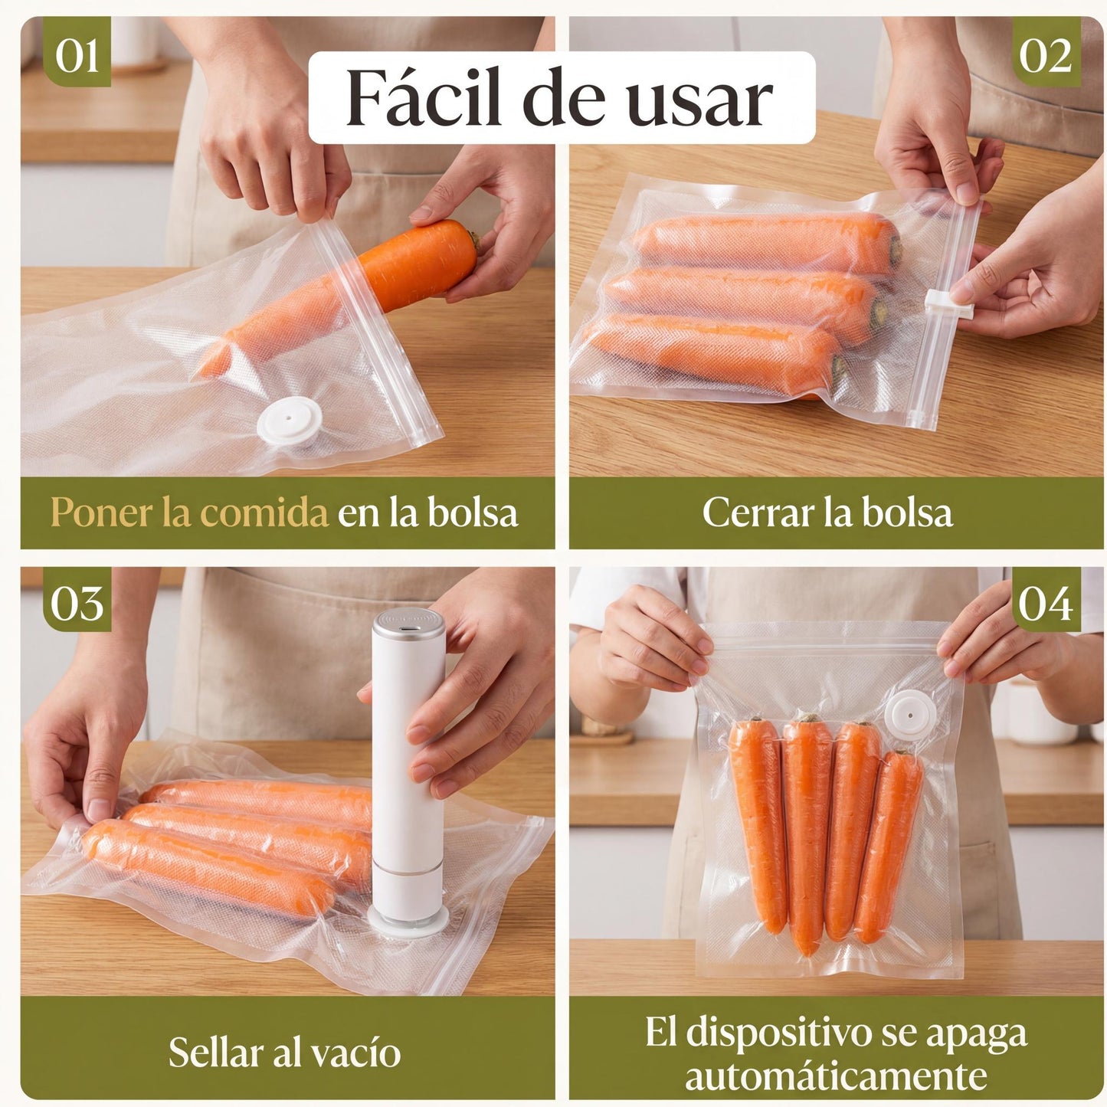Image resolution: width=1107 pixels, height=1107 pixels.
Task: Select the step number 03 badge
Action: point(77,603)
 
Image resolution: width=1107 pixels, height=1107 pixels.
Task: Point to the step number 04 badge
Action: point(1045,603)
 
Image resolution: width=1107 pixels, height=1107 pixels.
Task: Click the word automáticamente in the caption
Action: point(835,1075)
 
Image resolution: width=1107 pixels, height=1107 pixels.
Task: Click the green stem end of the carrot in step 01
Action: point(475,241)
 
